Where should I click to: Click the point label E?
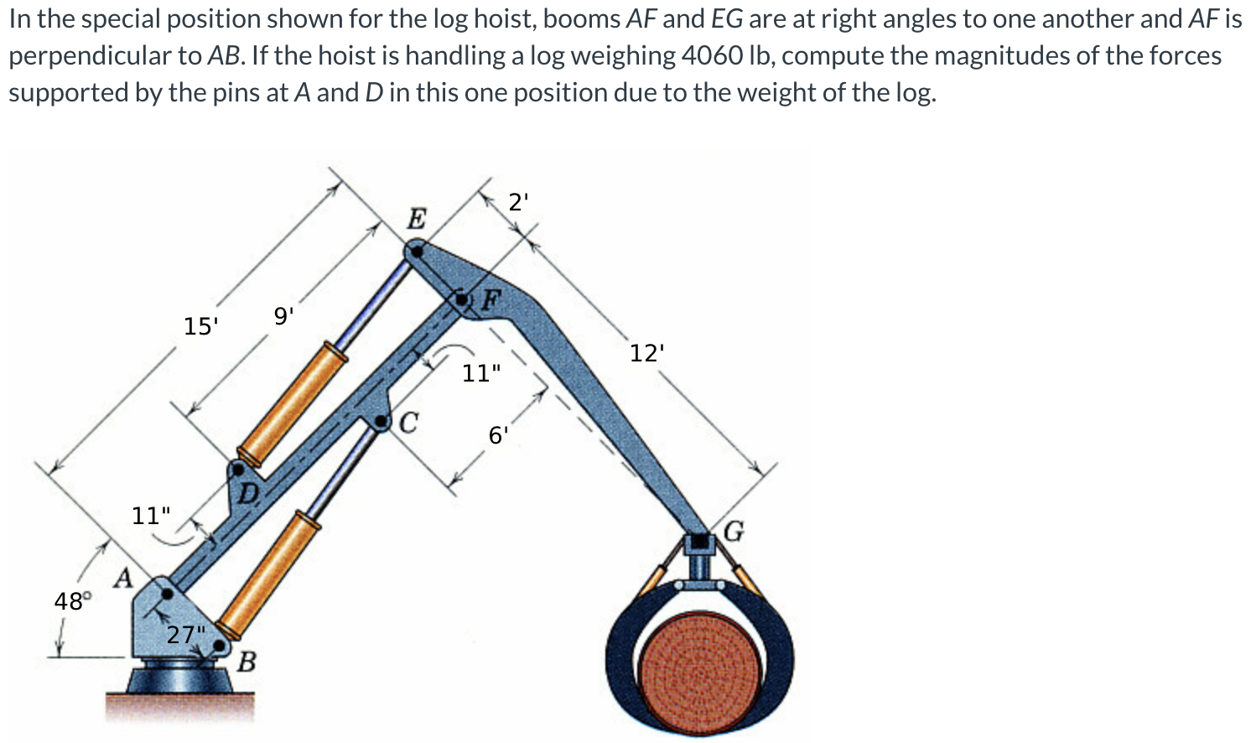(x=417, y=219)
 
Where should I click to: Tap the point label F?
(x=491, y=298)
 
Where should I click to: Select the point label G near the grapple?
(x=734, y=531)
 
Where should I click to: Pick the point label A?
(x=123, y=578)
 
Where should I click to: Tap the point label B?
(x=246, y=662)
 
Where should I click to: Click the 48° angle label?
(x=71, y=600)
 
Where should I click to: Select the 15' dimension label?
(x=200, y=325)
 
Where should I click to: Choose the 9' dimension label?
(x=283, y=316)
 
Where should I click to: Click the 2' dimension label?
(x=519, y=202)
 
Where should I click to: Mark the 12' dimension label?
(x=646, y=353)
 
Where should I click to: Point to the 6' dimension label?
(x=497, y=434)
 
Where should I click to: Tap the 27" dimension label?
(x=185, y=634)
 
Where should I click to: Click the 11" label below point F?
(x=481, y=372)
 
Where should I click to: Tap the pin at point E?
(x=416, y=250)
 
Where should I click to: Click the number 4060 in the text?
(x=712, y=55)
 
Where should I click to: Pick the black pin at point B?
(x=221, y=646)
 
